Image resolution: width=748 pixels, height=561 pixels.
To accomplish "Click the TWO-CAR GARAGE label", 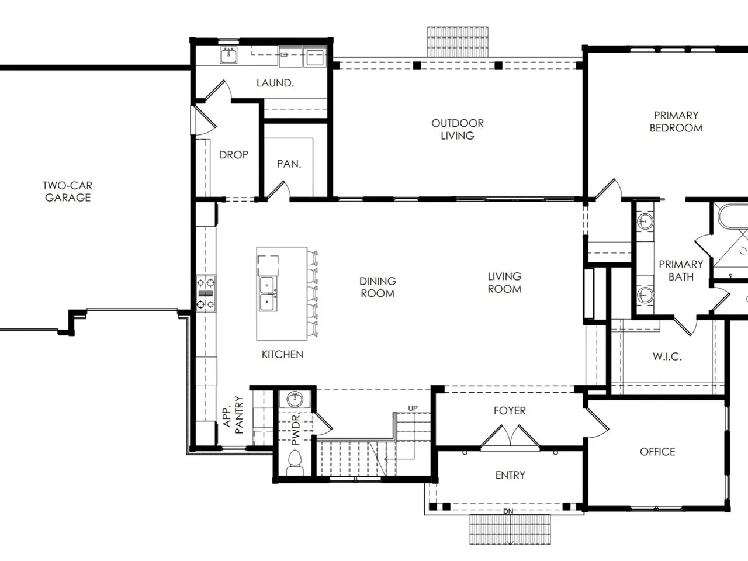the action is [x=67, y=192].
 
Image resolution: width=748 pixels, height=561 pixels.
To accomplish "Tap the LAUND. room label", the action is [x=275, y=83].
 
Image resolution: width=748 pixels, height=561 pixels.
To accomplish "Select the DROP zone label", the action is [x=233, y=155].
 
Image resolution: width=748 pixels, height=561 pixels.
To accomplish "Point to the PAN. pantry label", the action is [x=289, y=164].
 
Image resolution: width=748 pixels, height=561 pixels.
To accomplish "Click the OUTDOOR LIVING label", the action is [x=458, y=129].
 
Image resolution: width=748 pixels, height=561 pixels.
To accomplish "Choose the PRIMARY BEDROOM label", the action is [x=676, y=122].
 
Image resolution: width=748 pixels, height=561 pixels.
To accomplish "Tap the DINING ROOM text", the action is [x=378, y=287].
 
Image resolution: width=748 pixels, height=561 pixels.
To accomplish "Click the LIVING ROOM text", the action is [x=504, y=283].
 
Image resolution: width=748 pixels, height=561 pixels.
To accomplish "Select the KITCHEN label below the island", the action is [x=282, y=354].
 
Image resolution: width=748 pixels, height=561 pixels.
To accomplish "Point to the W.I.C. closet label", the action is [x=667, y=356].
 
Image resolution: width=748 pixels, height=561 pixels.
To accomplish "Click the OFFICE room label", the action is [x=657, y=452].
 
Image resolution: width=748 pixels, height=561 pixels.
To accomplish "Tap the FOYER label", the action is [x=510, y=410].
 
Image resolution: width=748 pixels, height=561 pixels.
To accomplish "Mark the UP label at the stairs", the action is [x=413, y=408].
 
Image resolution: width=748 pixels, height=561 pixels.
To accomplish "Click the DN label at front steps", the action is [x=508, y=511].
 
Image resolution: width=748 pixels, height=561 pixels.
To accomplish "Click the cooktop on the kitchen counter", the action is [x=206, y=293].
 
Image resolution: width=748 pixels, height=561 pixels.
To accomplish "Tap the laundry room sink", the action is [x=228, y=55].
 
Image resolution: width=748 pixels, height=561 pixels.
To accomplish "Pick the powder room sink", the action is [x=295, y=399].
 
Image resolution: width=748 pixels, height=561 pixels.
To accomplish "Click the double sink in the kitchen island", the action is [x=267, y=293].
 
